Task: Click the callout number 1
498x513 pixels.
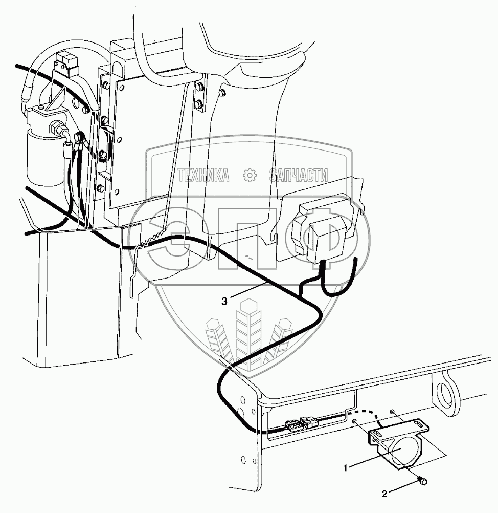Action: (x=346, y=467)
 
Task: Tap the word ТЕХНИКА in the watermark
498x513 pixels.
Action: (x=203, y=176)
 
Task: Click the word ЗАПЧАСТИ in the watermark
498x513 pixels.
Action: (x=299, y=176)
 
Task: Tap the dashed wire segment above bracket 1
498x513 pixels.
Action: (x=369, y=412)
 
